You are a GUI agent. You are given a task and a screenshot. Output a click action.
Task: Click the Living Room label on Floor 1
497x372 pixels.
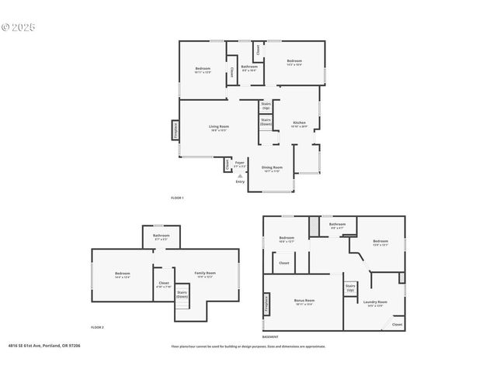click(x=218, y=128)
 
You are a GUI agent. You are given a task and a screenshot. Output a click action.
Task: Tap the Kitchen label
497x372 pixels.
click(x=299, y=123)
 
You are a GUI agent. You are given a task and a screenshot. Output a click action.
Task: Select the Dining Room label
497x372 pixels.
click(x=272, y=168)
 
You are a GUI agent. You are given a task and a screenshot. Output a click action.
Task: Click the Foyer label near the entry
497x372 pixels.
click(x=240, y=164)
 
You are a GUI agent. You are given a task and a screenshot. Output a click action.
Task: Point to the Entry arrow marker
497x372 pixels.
click(x=240, y=177)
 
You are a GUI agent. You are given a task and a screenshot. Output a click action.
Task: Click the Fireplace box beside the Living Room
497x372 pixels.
click(x=176, y=130)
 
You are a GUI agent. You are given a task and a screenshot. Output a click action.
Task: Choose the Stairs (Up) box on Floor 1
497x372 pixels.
click(x=266, y=105)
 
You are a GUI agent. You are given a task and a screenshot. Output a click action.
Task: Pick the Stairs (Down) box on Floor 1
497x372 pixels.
click(x=266, y=122)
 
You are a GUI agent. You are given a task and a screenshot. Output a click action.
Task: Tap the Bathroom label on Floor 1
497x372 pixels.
click(x=249, y=67)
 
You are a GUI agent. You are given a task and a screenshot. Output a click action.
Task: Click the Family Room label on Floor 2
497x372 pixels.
click(x=205, y=274)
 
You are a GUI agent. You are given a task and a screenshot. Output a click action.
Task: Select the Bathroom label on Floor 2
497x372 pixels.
click(x=162, y=236)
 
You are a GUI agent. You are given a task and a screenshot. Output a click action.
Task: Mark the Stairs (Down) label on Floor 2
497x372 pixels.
click(x=182, y=294)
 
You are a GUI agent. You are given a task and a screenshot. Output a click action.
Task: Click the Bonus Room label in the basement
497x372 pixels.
click(x=304, y=301)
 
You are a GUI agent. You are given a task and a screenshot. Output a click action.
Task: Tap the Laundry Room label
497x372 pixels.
click(x=376, y=304)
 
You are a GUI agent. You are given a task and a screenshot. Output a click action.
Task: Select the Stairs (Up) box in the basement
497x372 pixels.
click(x=350, y=288)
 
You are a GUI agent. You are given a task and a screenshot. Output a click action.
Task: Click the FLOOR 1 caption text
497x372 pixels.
click(x=177, y=198)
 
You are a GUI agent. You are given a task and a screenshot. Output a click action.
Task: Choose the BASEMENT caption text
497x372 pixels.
click(x=270, y=337)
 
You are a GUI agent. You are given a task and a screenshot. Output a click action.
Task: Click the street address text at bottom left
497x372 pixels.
click(x=43, y=346)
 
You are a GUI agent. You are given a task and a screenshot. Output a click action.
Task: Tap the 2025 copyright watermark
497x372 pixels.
click(x=19, y=27)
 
